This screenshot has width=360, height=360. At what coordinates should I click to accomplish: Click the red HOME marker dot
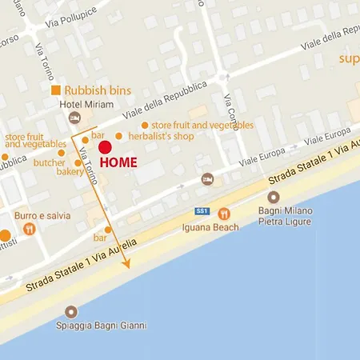pos(105,146)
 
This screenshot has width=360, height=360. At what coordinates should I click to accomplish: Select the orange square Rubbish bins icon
pos(56,90)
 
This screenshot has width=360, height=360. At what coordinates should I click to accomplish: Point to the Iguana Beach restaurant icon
pos(224,214)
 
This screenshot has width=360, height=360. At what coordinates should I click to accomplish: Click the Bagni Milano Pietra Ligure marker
pos(274,197)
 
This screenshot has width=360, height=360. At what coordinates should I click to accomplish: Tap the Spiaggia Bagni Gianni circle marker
pos(72,312)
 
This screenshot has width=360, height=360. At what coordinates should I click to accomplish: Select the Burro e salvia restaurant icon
pos(30,230)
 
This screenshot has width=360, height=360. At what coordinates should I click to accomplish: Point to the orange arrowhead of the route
pos(126,263)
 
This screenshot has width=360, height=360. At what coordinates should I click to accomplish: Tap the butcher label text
pos(49,162)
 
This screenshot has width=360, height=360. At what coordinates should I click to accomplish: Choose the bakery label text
pos(70,171)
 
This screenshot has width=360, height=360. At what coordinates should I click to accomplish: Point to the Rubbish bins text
pos(98,90)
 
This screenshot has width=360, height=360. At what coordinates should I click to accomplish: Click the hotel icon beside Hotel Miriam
pos(74,118)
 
